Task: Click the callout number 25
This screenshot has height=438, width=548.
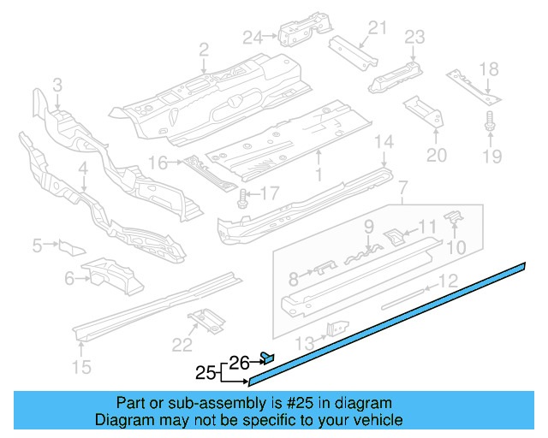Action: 205,373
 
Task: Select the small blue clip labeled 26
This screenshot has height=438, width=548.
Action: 266,358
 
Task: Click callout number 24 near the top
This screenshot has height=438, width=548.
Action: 253,37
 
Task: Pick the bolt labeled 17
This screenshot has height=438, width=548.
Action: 244,199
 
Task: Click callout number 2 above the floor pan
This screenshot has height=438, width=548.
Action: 204,51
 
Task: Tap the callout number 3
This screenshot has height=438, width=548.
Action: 57,85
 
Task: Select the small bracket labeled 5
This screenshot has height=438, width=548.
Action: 70,247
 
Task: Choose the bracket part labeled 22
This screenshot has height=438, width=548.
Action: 206,322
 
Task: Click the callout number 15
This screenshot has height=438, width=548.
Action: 81,369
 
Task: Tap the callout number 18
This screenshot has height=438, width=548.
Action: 488,70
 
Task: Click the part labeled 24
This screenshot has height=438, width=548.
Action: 295,30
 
